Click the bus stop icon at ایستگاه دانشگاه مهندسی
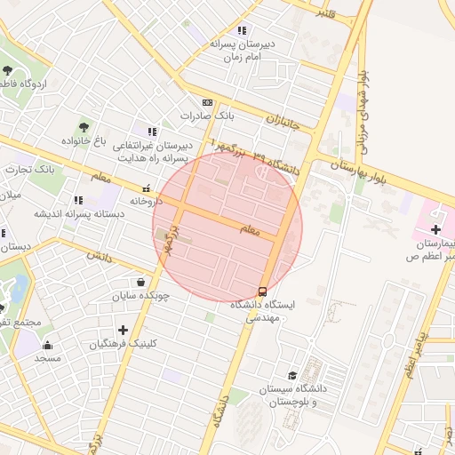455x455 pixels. [x=262, y=291]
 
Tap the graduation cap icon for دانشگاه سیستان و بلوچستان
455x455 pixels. [x=292, y=375]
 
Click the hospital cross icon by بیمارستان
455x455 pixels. [x=435, y=230]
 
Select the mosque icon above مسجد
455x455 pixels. [x=47, y=345]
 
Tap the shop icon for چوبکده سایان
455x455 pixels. [x=141, y=283]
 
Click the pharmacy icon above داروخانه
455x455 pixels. [x=146, y=188]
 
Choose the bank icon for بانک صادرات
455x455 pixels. [x=207, y=103]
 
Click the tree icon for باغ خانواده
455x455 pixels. [x=84, y=127]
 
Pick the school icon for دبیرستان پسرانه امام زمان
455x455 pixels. [x=242, y=30]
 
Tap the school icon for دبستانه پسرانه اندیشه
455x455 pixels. [x=78, y=200]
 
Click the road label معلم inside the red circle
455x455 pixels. [x=251, y=230]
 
